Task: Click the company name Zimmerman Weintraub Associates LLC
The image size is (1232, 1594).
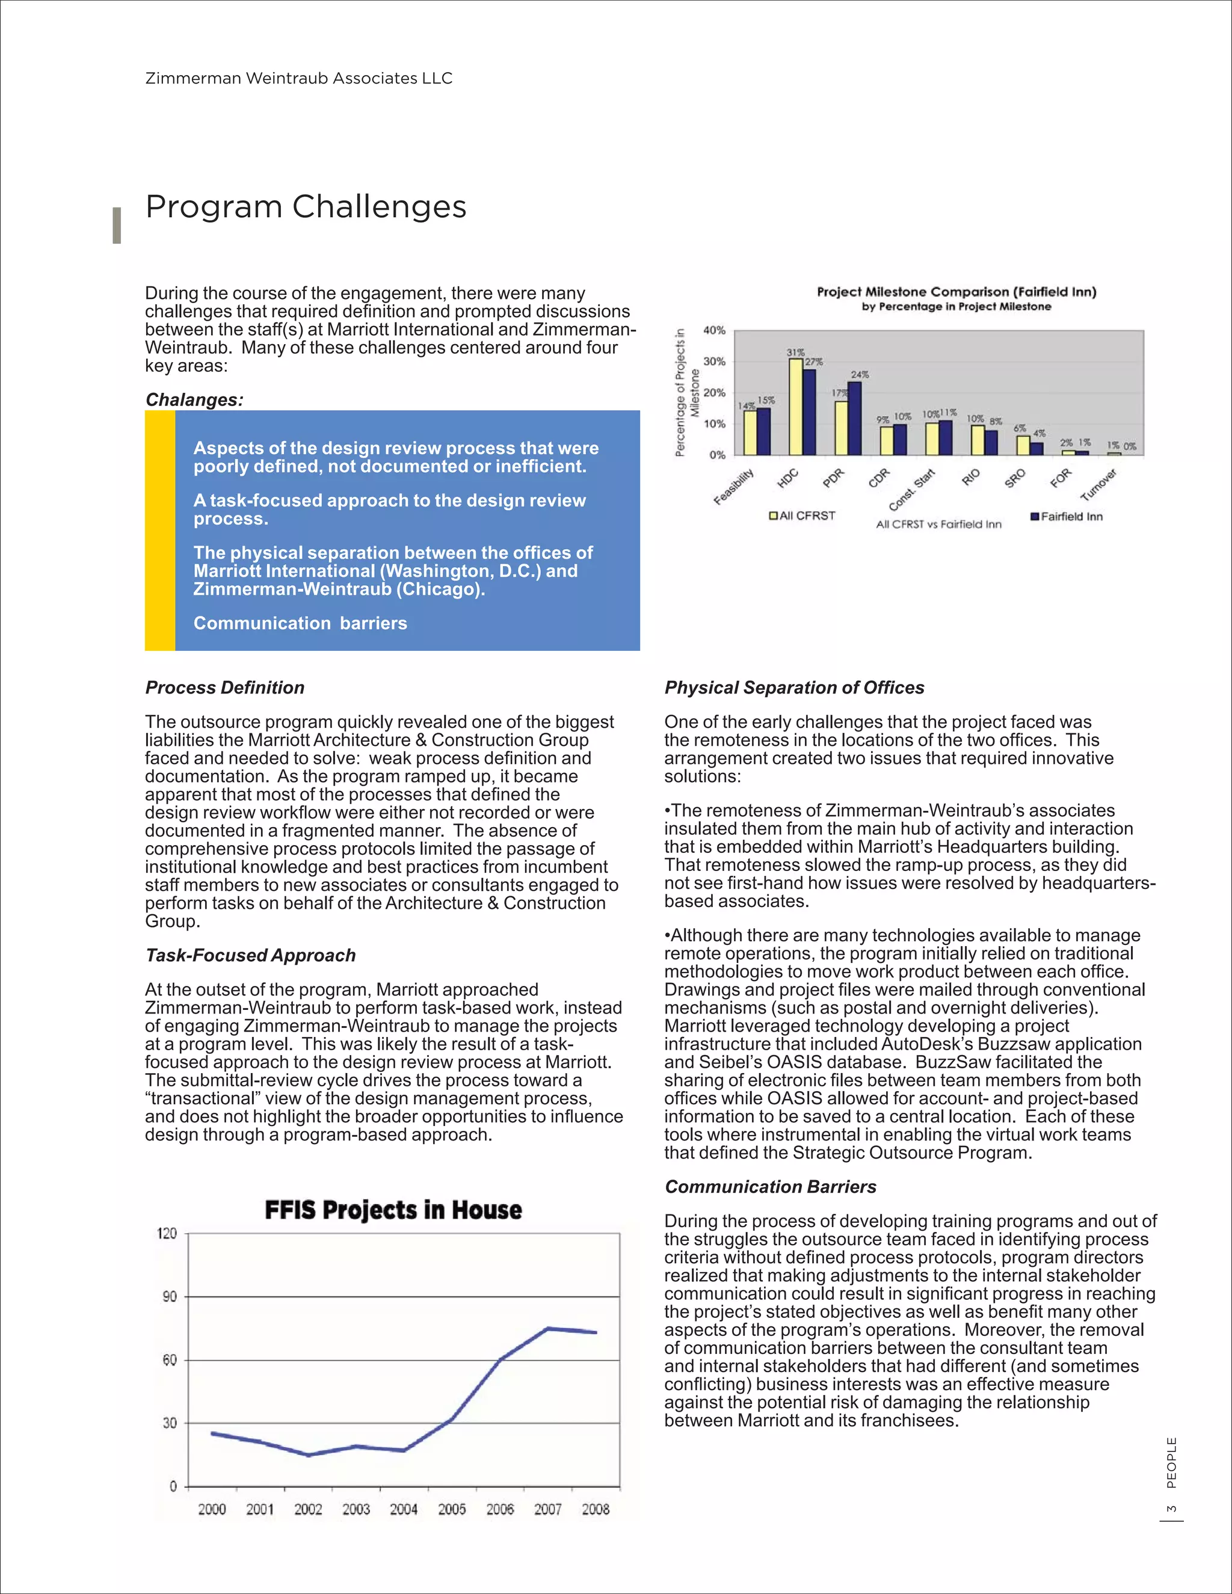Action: coord(298,78)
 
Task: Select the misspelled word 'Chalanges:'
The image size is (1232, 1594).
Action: coord(194,400)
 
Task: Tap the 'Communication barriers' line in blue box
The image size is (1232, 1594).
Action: coord(300,623)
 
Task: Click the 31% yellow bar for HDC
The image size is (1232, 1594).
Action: coord(795,407)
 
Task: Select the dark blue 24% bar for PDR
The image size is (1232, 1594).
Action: coord(855,418)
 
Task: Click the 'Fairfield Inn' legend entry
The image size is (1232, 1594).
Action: coord(1067,516)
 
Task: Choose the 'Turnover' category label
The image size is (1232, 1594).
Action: coord(1098,485)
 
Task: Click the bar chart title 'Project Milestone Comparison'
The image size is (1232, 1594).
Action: coord(956,292)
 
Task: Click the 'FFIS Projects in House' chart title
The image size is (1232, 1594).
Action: coord(393,1210)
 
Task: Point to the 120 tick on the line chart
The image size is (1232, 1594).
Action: coord(167,1234)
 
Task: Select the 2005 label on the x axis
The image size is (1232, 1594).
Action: coord(452,1509)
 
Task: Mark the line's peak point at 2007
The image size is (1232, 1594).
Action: coord(548,1328)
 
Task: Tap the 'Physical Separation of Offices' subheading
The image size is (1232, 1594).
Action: coord(794,688)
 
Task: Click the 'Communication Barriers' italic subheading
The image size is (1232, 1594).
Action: coord(770,1187)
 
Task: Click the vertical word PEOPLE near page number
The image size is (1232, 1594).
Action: coord(1171,1463)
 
